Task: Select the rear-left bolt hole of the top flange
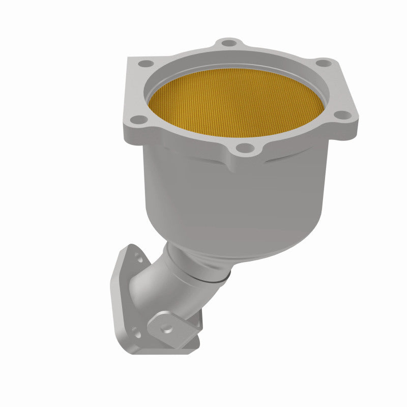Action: pyautogui.click(x=146, y=64)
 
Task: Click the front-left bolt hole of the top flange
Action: pyautogui.click(x=136, y=120)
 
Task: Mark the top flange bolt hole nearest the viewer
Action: pyautogui.click(x=246, y=148)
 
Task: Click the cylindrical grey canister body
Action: pyautogui.click(x=244, y=198)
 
